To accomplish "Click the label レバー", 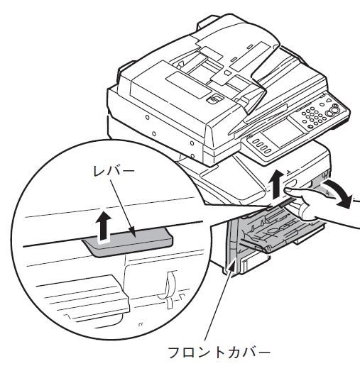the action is coord(114,172).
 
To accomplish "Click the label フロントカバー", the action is coord(219,353).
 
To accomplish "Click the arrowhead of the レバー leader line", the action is coord(133,233).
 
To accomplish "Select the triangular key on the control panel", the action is coord(329,101).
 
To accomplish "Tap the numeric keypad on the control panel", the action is coord(312,118).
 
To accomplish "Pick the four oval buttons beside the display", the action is coord(261,146).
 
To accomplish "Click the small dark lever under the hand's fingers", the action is coord(288,201).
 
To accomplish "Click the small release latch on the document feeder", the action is coord(214,99).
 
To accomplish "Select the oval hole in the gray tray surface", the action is coord(275,231).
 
